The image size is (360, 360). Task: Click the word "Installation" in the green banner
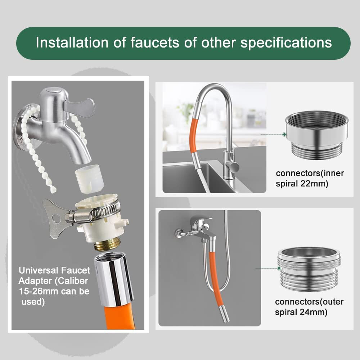pos(72,42)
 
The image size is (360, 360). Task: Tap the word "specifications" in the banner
pos(286,43)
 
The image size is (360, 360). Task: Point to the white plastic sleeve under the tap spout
pos(90,178)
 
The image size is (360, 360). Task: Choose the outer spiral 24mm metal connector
pos(309,269)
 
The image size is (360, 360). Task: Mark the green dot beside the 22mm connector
pos(284,135)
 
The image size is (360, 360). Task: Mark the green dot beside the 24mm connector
pos(279,268)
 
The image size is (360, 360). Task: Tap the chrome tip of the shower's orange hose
pos(224,314)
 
